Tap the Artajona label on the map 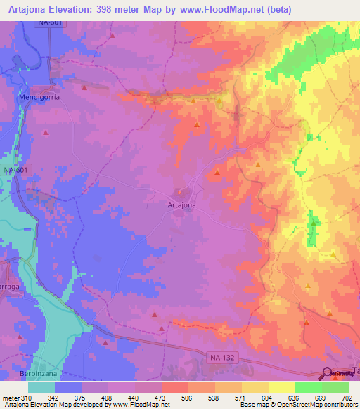[x=181, y=204]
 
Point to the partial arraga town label [x=10, y=288]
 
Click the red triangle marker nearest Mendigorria [x=85, y=88]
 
